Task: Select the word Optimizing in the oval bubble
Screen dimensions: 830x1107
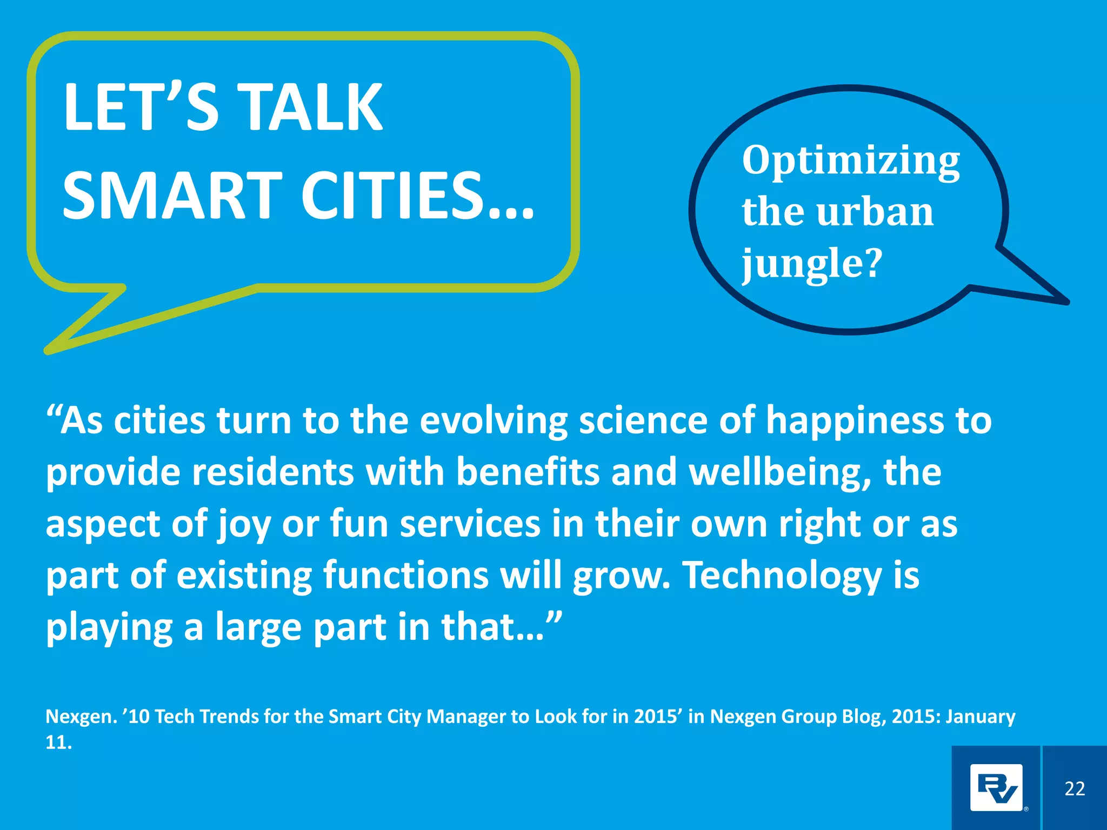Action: coord(851,160)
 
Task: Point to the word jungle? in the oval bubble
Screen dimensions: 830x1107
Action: coord(812,264)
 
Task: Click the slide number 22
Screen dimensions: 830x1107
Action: coord(1075,788)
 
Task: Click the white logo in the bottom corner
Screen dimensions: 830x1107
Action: coord(996,788)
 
